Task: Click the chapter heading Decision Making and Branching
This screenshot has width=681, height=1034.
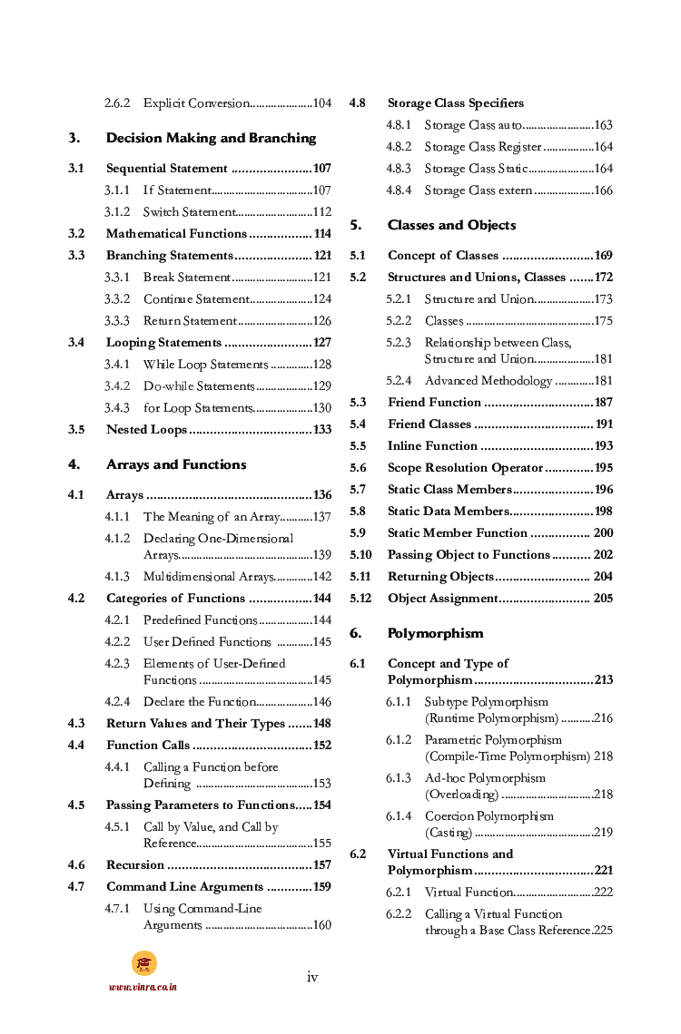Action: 211,138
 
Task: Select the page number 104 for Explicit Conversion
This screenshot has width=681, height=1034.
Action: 321,103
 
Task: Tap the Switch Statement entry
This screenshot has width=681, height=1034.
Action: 189,212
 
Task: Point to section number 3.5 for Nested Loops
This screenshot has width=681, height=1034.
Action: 76,430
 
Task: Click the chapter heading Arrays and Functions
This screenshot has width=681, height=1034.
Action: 176,464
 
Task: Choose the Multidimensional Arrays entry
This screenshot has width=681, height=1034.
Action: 208,577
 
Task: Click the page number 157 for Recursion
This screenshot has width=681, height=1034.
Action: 321,865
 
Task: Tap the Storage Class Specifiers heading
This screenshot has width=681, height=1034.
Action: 455,103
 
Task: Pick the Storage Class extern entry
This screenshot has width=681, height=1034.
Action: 479,190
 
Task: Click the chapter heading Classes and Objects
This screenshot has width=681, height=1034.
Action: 451,225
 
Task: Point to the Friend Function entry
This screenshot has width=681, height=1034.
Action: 434,403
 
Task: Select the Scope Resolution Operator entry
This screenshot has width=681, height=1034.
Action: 465,468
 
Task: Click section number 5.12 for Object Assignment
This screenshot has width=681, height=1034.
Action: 360,599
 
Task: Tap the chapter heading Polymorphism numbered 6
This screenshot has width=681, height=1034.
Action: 435,633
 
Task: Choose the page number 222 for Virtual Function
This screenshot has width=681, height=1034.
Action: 603,893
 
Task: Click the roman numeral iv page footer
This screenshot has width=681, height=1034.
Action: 312,977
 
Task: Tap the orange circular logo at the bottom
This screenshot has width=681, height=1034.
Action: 143,963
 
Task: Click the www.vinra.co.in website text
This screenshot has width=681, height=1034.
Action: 143,987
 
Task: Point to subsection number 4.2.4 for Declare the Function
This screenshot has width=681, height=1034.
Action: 116,702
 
